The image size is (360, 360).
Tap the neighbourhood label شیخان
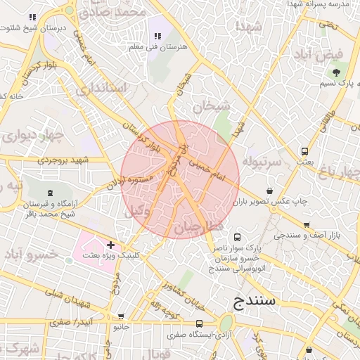point(210,107)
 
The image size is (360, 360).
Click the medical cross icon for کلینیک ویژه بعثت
point(110,245)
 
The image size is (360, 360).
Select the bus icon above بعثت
point(304,150)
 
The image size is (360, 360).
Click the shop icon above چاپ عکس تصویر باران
point(270,191)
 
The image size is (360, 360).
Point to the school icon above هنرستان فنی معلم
point(156,36)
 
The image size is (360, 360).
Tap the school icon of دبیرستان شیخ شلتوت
point(32,16)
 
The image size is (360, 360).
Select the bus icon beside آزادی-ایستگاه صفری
point(200,324)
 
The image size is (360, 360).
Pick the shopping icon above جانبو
point(117,316)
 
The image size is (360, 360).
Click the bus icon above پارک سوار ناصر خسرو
point(237,237)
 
